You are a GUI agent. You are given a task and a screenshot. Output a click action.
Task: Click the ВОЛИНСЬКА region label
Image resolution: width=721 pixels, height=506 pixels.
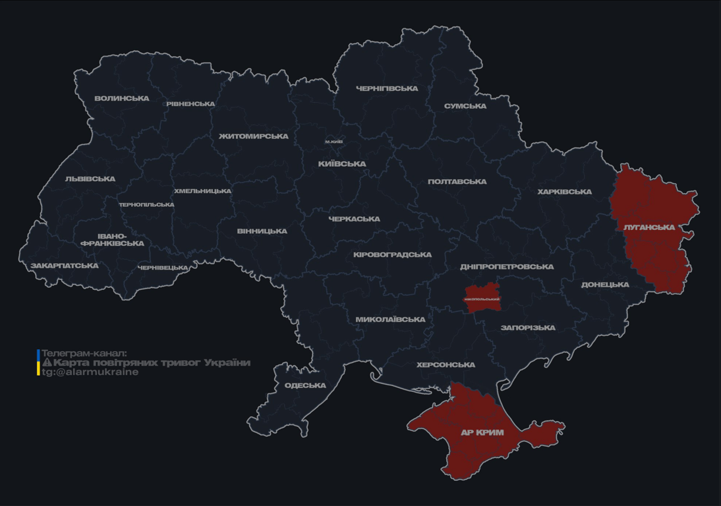[x=121, y=99]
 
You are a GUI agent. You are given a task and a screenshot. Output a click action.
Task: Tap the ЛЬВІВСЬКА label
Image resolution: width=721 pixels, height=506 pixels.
[x=90, y=179]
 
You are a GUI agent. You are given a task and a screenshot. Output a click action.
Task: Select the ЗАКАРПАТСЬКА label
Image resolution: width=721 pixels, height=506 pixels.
[x=65, y=266]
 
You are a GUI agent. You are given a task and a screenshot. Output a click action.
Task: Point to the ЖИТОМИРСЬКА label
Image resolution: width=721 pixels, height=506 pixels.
[x=254, y=136]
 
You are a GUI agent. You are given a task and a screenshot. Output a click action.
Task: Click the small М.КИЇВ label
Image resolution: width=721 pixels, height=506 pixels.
[x=334, y=142]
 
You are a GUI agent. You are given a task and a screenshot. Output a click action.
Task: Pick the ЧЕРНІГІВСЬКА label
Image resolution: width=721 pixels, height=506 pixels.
[x=387, y=89]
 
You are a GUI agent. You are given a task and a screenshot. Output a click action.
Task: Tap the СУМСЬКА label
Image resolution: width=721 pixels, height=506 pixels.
[x=465, y=106]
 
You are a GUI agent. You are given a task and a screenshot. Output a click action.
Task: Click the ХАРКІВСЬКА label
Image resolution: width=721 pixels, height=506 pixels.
[x=564, y=192]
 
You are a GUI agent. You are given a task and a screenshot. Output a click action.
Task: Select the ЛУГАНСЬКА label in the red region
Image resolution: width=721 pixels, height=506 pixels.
[x=649, y=227]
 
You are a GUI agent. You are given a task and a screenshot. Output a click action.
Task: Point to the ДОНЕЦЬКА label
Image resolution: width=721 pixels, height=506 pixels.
[x=605, y=285]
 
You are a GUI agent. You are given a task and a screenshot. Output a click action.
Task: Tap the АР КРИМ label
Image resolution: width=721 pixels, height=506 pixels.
[x=482, y=433]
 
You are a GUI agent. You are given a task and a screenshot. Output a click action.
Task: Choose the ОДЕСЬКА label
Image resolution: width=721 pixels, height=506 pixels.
[x=305, y=385]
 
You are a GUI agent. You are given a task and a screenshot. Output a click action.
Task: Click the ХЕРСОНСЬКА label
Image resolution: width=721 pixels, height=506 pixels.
[x=446, y=365]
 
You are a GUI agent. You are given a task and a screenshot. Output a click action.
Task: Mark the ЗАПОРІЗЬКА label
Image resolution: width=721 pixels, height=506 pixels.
[x=528, y=327]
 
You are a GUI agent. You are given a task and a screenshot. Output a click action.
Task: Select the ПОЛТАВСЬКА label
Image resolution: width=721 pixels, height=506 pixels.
[x=457, y=182]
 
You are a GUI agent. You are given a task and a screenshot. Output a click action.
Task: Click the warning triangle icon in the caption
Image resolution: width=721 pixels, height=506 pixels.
[x=47, y=362]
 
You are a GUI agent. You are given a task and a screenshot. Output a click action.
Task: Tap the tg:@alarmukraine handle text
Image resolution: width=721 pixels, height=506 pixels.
[x=90, y=372]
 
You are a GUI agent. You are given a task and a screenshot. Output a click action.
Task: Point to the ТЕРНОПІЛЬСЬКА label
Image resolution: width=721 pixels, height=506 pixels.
[x=146, y=205]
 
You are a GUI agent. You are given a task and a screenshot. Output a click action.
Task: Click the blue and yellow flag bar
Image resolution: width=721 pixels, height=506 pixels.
[x=38, y=362]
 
